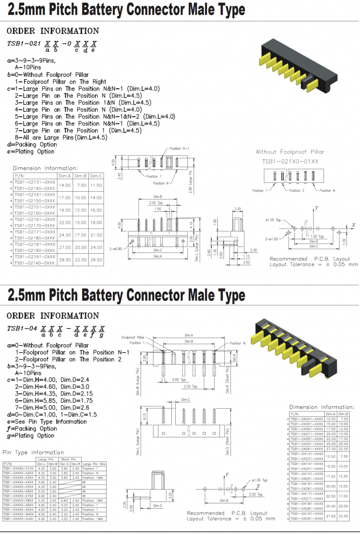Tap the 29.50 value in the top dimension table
(65, 259)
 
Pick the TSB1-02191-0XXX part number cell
(34, 257)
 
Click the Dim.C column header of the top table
(96, 176)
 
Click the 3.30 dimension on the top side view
(238, 208)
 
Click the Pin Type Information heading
(33, 453)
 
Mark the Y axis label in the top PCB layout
(317, 208)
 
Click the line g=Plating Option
(31, 436)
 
